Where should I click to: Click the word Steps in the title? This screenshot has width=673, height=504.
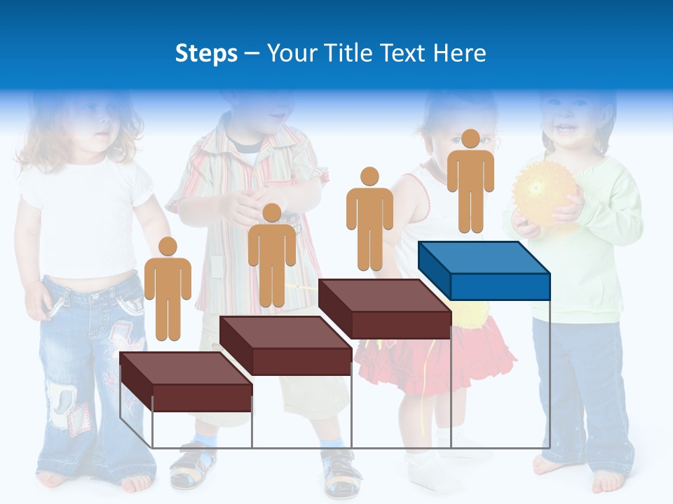tap(206, 53)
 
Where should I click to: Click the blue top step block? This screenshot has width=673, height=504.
tap(484, 269)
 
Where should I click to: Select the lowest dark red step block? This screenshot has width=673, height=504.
tap(186, 381)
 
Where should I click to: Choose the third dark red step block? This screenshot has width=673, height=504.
tap(384, 308)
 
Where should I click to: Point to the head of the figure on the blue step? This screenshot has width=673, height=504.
tap(470, 139)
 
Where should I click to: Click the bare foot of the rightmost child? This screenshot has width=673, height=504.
tap(606, 482)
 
